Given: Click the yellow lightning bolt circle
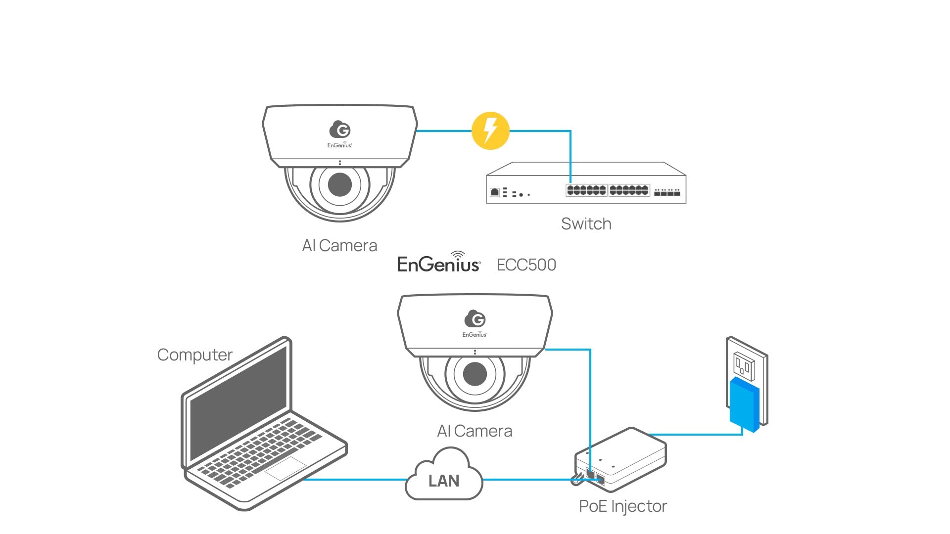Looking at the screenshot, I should coord(490,131).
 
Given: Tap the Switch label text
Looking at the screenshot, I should coord(586,224).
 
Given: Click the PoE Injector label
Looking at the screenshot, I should coord(622,506).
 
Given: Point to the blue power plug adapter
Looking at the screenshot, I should coord(744,404).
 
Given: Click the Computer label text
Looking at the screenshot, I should coord(194,355).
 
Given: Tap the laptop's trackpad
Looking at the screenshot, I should coord(285,468).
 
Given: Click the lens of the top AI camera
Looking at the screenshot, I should coord(340,184).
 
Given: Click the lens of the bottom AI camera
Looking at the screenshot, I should coord(475,374).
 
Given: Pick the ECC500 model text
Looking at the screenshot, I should coord(526,265).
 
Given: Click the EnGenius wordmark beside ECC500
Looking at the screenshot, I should coord(438,264).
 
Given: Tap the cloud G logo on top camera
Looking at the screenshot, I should coord(340,130).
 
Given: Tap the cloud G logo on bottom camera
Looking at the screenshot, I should coord(475,319).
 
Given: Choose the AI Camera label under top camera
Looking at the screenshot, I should coord(339,246).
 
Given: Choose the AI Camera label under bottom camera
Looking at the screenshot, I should coord(475,431).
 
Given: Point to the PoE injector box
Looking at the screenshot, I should coord(621,460).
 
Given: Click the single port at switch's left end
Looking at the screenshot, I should coord(494,192).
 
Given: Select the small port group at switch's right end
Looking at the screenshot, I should coord(667,192).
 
